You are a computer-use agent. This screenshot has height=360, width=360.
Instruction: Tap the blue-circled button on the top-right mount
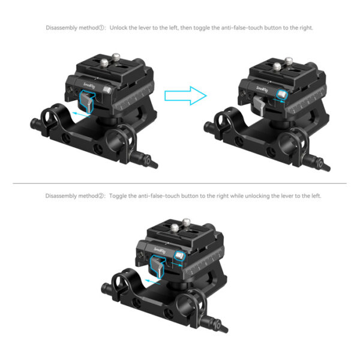click(x=281, y=94)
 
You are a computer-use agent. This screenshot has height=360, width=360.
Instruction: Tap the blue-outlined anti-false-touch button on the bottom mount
click(x=178, y=257)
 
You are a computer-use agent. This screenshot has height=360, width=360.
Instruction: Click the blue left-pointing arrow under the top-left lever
click(x=78, y=112)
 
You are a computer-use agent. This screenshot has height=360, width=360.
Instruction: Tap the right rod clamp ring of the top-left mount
click(x=123, y=135)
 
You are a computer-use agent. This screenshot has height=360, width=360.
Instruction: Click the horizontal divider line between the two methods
click(x=180, y=183)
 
